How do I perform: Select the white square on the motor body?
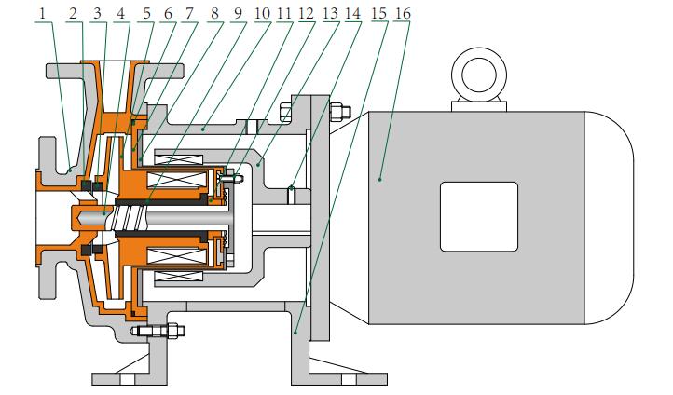coord(478,216)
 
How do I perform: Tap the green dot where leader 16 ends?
coord(381,175)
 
